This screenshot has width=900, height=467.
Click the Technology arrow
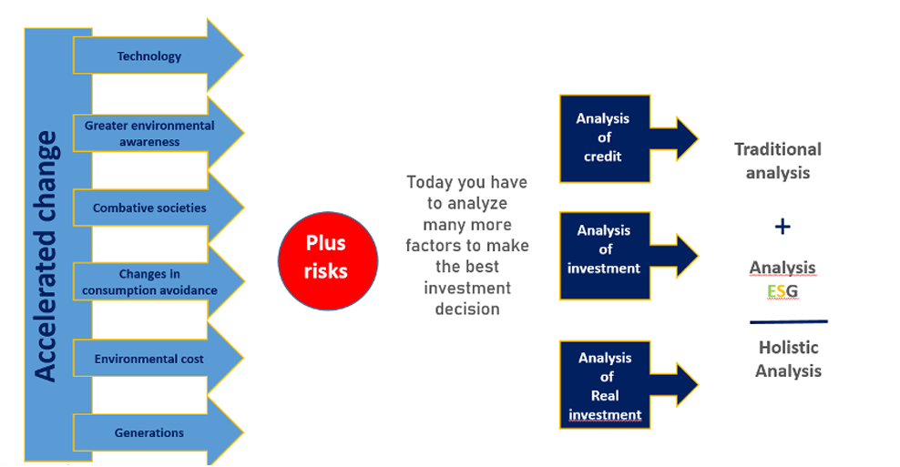point(158,56)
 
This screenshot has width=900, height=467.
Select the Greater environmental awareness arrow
point(158,133)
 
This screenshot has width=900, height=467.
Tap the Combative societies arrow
point(158,208)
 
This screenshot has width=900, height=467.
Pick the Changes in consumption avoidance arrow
point(158,281)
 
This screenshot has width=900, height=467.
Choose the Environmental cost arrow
point(158,359)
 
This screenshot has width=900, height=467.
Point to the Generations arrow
point(158,432)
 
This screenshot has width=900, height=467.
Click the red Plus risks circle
point(328,261)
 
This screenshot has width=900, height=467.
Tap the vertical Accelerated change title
point(46,257)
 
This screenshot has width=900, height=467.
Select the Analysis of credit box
point(605,139)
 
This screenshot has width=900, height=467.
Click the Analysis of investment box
point(605,256)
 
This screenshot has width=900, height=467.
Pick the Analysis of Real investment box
point(605,385)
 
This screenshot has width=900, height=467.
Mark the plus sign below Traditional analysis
point(782,227)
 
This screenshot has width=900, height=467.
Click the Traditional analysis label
point(778,160)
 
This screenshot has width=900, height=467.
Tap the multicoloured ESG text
point(782,291)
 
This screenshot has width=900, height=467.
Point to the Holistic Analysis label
point(788,359)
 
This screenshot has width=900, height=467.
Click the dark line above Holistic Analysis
point(789,322)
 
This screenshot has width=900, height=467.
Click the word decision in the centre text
point(467,309)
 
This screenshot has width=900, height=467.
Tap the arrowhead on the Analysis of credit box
point(687,139)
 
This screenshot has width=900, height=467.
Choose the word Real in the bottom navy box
point(605,395)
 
